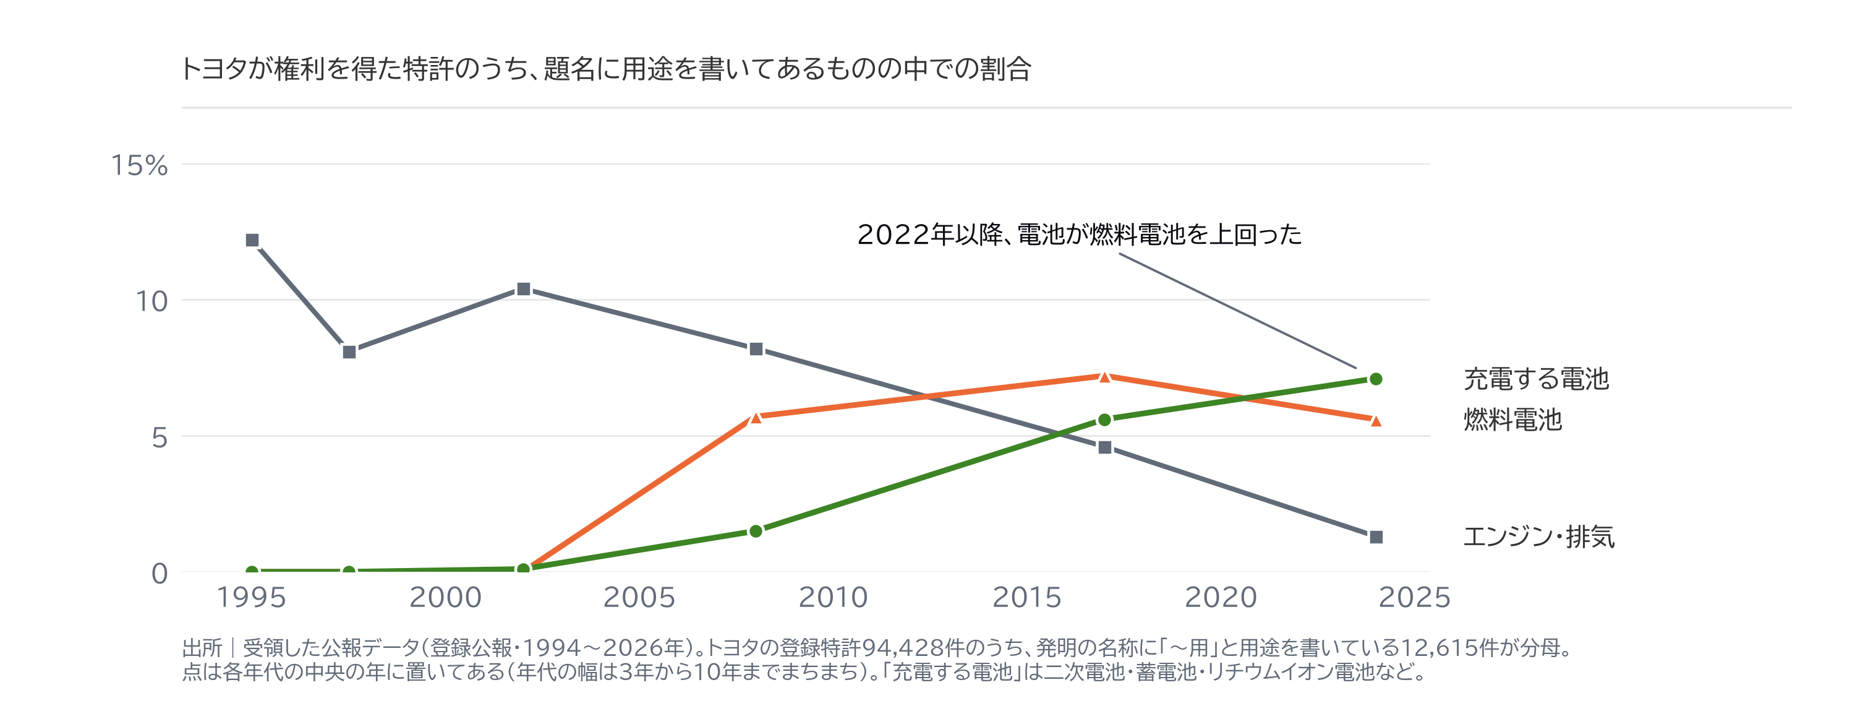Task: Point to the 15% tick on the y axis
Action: coord(139,166)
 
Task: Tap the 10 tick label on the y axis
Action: coord(151,301)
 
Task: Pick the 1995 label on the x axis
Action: coord(251,597)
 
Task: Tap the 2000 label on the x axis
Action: coord(445,597)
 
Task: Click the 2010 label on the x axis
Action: coord(833,597)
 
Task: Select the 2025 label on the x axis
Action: coord(1414,597)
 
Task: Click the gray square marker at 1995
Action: coord(252,240)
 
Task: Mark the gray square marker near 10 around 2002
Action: coord(524,289)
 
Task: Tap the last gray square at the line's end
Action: coord(1375,537)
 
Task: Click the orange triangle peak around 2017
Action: coord(1104,377)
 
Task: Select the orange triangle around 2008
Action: coord(756,417)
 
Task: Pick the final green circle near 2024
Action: coord(1375,379)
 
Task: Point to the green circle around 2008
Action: coord(756,531)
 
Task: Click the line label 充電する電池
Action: coord(1536,379)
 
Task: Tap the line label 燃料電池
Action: coord(1512,420)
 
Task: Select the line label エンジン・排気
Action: coord(1539,537)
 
